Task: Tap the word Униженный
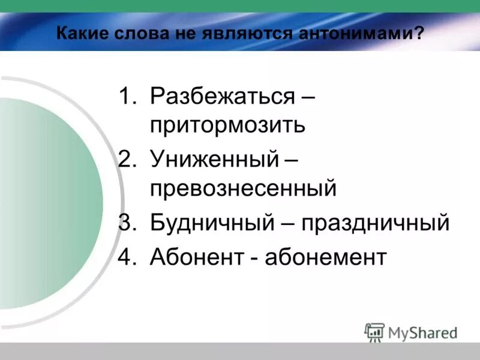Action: pyautogui.click(x=215, y=160)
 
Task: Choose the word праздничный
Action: pyautogui.click(x=375, y=223)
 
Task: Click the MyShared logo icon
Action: pyautogui.click(x=374, y=332)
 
